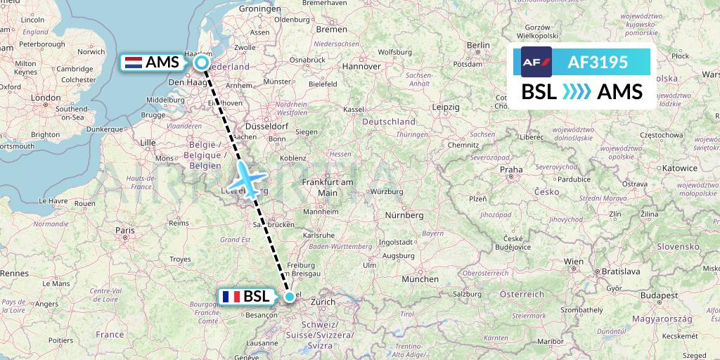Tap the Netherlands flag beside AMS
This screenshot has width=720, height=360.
click(131, 63)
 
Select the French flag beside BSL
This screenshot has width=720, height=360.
click(230, 297)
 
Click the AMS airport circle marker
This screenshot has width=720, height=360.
click(202, 63)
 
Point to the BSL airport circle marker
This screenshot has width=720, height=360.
click(290, 297)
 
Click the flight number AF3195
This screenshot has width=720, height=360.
click(597, 62)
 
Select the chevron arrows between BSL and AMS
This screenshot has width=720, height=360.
click(577, 92)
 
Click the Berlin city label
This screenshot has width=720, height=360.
click(478, 45)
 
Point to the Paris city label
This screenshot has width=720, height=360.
click(125, 230)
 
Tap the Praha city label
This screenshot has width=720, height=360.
click(511, 169)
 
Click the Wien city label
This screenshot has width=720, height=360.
click(574, 262)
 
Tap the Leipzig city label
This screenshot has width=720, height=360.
click(446, 107)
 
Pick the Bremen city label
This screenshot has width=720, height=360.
click(332, 30)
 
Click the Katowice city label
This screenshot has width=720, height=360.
click(679, 169)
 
